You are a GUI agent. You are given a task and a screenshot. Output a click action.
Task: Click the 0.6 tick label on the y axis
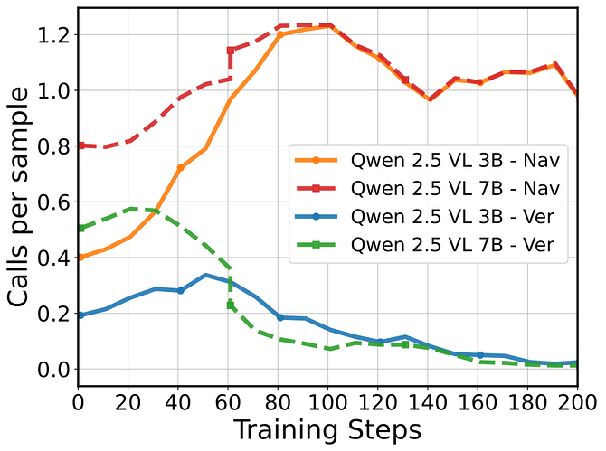click(x=53, y=202)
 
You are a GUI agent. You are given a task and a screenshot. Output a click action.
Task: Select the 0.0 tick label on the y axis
click(x=53, y=370)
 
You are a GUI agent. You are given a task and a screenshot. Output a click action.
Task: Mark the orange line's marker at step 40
click(x=180, y=168)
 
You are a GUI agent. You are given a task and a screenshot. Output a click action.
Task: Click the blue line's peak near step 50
click(x=205, y=275)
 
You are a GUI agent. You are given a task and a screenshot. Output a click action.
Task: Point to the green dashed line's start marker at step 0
click(x=80, y=228)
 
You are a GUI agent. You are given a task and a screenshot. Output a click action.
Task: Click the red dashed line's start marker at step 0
click(x=80, y=146)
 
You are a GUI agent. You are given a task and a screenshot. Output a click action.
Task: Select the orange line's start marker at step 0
click(x=80, y=258)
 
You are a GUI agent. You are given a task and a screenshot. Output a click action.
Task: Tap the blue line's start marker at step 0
click(x=80, y=315)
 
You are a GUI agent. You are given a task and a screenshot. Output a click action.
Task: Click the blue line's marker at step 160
click(x=479, y=355)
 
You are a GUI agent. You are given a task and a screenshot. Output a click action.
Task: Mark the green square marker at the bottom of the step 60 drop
click(x=230, y=305)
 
